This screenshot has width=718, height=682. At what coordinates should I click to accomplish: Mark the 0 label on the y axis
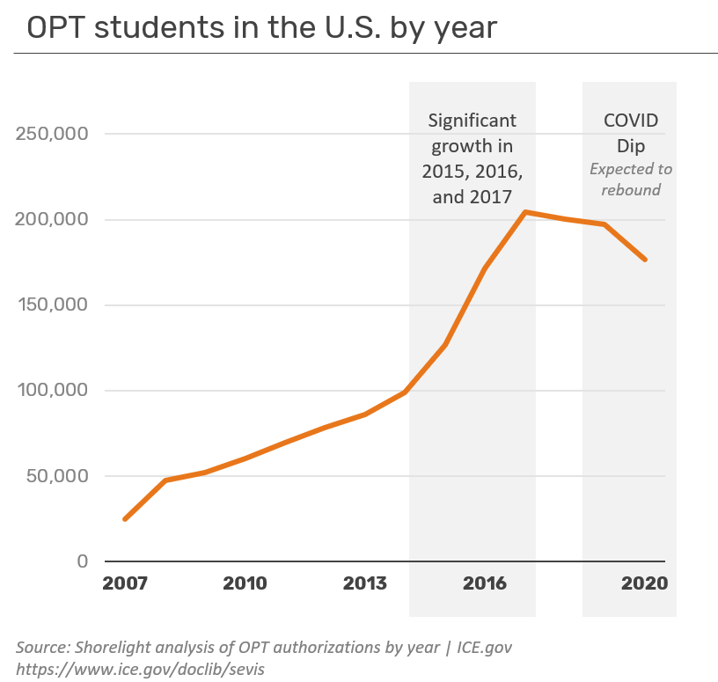point(82,561)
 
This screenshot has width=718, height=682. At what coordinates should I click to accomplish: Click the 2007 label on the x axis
point(125,583)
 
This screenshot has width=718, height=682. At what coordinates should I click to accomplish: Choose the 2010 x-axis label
point(245,583)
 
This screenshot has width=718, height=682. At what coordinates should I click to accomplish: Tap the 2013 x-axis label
point(364,583)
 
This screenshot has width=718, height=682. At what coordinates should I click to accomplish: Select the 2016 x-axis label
point(485,583)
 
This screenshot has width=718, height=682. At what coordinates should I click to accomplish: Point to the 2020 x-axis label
point(645,583)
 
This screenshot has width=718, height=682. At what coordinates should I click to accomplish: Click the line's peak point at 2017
point(525,212)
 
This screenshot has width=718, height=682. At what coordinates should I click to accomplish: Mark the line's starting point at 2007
point(125,519)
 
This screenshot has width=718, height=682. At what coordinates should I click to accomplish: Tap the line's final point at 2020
point(645,260)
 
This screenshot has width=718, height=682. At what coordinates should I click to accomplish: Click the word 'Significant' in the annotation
point(472,120)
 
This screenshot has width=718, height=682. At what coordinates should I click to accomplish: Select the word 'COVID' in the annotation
point(630,121)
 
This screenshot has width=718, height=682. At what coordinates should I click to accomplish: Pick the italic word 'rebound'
point(630,189)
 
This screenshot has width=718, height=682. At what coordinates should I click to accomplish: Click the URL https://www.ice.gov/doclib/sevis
point(140,669)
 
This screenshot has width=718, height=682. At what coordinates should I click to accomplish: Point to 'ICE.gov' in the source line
point(483,648)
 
